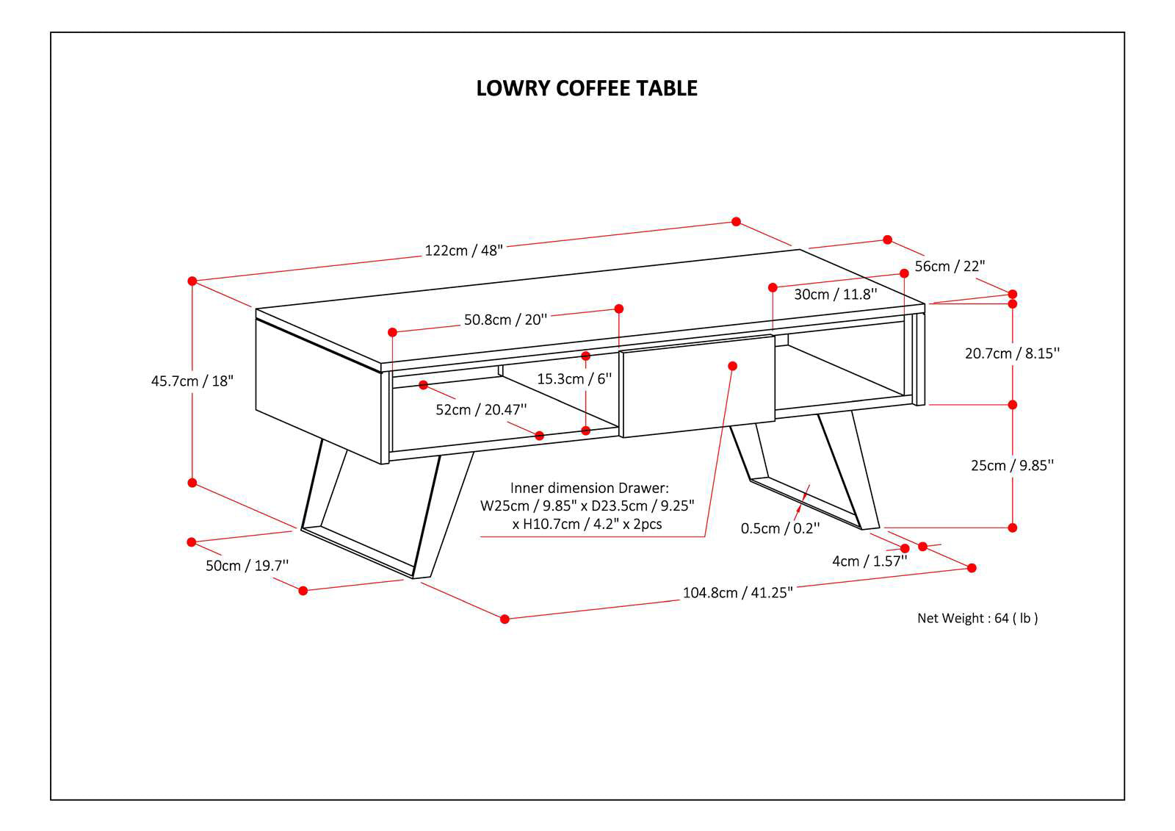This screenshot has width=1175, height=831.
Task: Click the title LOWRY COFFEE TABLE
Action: coord(587,88)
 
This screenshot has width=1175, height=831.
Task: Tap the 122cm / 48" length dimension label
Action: coord(463,251)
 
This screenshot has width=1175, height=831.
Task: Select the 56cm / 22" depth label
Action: coord(949,266)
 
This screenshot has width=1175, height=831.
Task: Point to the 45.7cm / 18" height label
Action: coord(192,381)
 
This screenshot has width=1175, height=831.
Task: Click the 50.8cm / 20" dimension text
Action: coord(505,320)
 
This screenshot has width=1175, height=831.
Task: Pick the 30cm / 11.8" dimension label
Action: coord(835,295)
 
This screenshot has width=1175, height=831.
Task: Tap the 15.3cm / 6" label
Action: coord(574,379)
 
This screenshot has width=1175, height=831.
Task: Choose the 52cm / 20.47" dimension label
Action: coord(481,410)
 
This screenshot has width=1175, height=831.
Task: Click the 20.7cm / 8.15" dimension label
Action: coord(1012,353)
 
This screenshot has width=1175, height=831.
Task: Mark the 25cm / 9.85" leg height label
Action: coord(1012,466)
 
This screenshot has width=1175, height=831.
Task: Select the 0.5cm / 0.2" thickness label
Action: coord(779,528)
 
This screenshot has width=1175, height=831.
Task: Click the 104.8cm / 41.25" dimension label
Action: coord(737,593)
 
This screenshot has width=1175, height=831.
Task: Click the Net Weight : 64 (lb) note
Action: coord(977,619)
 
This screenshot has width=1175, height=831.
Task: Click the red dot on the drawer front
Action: coord(732,366)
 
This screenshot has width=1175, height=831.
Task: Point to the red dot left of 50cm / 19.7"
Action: coord(192,542)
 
